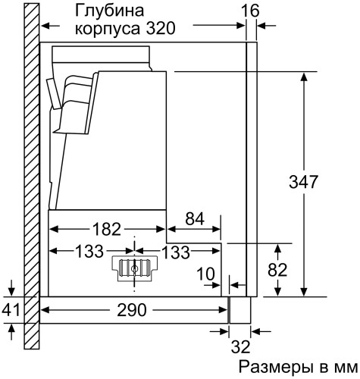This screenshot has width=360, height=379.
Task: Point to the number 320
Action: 159,29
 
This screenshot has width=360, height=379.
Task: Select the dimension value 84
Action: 194,220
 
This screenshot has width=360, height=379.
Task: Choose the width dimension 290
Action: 132,309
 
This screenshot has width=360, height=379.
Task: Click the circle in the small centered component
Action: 135,268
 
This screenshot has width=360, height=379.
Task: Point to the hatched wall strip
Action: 30,182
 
